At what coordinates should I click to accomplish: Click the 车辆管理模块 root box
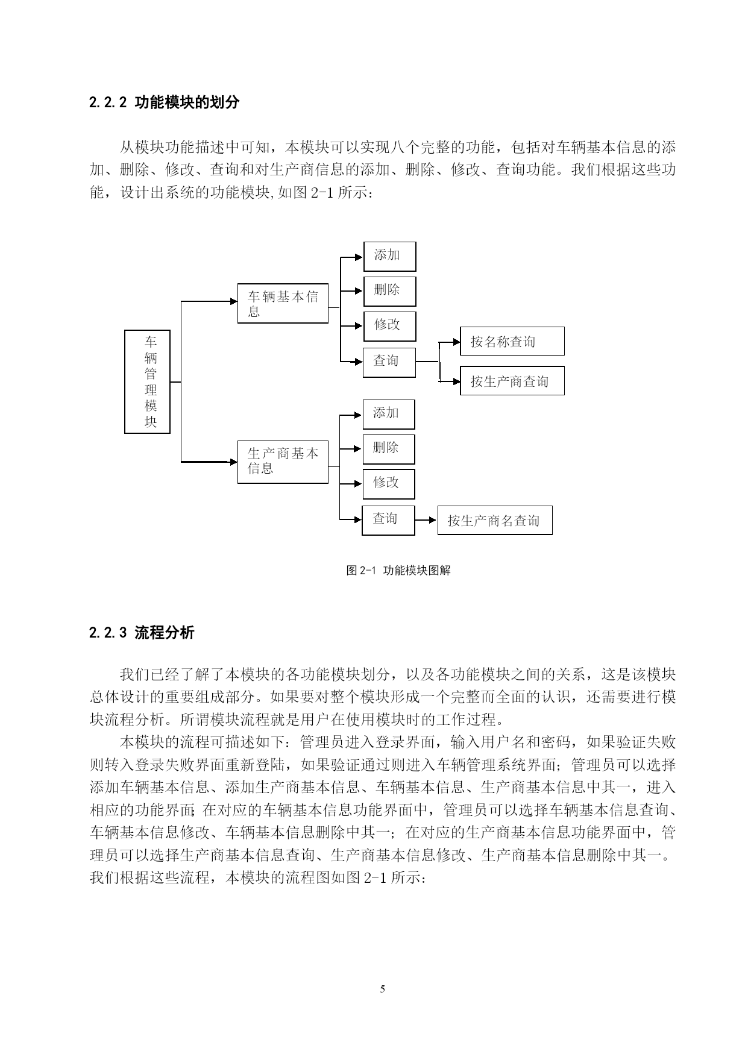147,381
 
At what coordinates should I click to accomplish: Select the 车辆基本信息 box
283,303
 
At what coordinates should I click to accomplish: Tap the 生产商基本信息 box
283,462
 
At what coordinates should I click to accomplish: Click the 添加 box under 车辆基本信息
389,256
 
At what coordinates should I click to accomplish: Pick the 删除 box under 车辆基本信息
389,291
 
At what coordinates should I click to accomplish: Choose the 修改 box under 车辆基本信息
389,326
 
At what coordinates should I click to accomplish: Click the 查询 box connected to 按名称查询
389,362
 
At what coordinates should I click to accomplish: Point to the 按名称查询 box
512,341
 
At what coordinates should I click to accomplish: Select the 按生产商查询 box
512,380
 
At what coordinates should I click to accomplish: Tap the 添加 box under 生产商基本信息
389,414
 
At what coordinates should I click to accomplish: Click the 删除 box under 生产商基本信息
389,449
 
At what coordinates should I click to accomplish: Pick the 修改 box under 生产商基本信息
389,484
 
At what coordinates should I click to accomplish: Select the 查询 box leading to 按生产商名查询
388,520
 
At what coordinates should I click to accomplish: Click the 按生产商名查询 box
495,520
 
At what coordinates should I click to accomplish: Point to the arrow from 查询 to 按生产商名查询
426,519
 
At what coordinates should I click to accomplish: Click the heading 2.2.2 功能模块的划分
164,102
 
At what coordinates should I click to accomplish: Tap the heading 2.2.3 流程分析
142,633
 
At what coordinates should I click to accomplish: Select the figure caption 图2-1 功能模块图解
398,570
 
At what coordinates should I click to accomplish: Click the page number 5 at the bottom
382,989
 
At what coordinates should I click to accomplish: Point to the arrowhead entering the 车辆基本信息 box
234,301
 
